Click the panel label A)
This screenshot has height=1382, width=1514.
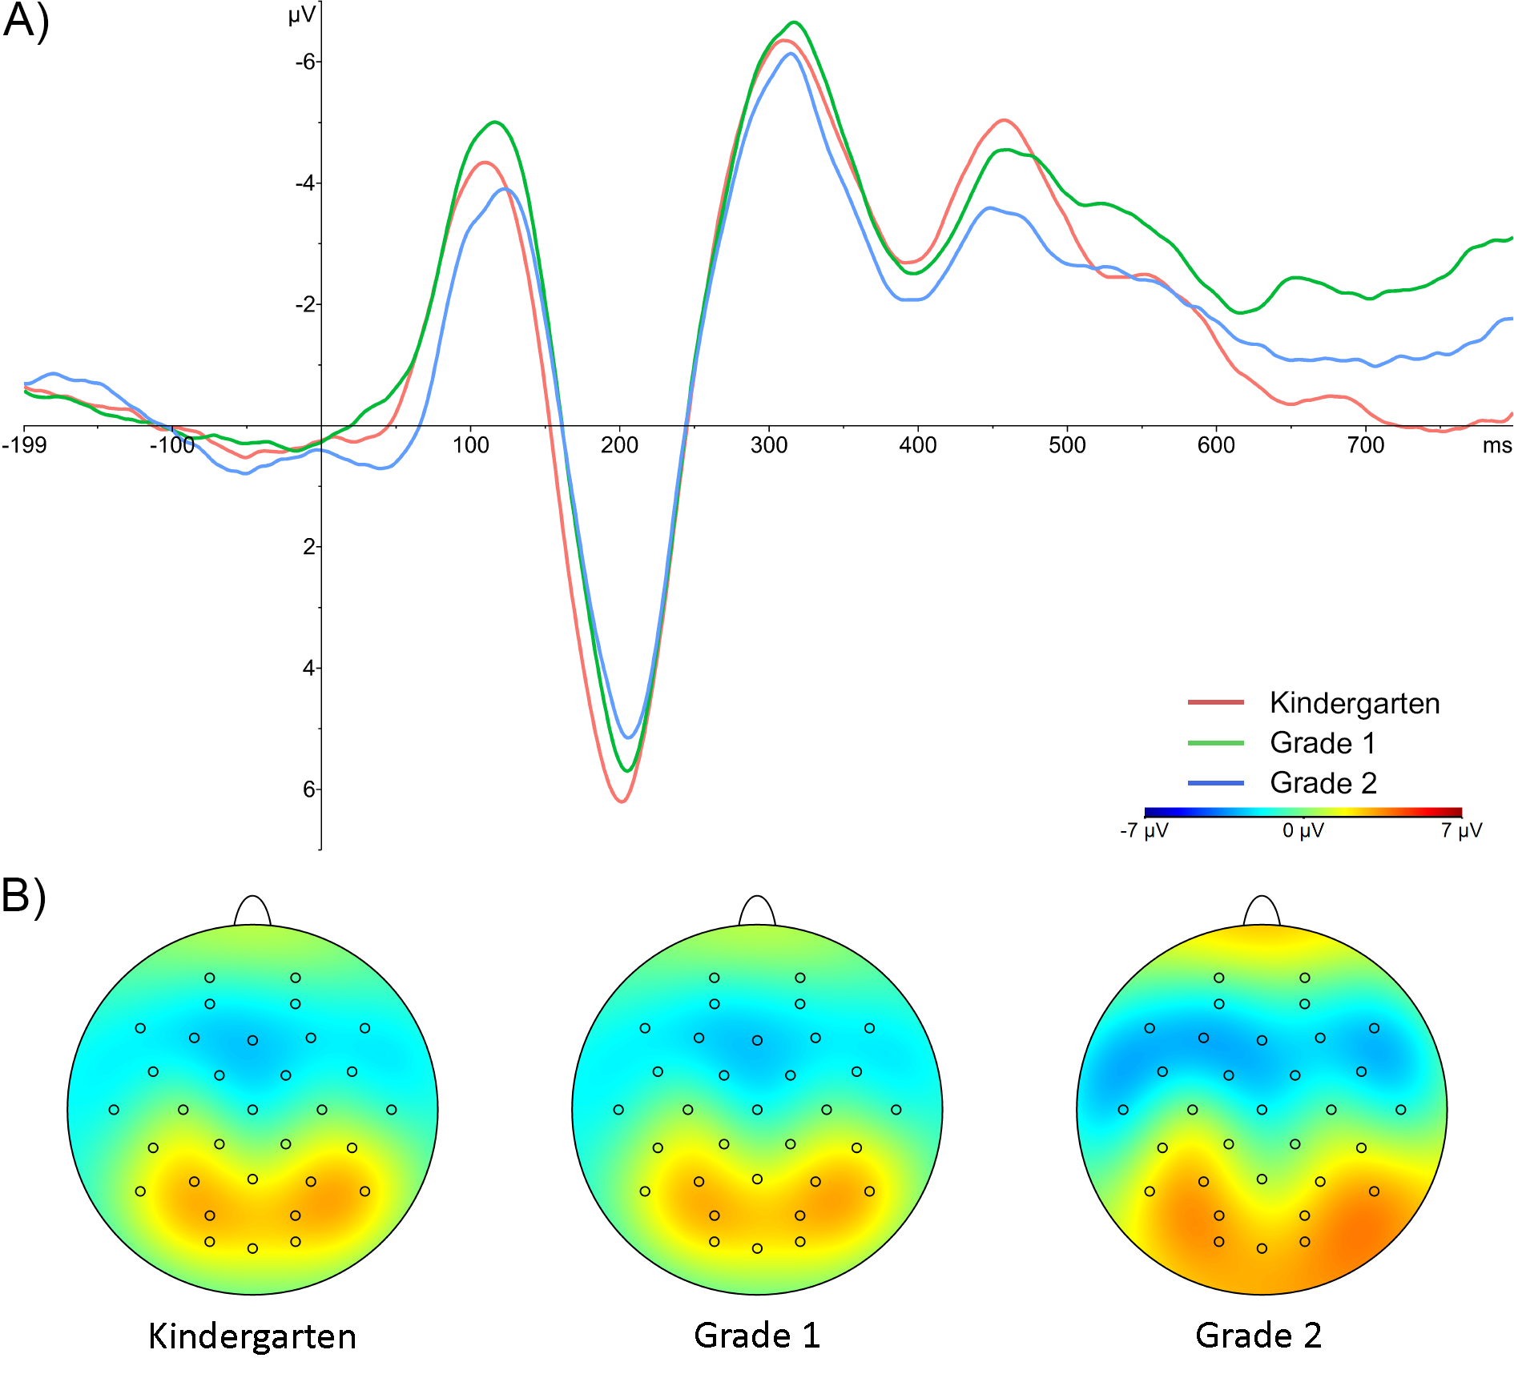tap(26, 22)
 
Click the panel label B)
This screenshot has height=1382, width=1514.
tap(24, 896)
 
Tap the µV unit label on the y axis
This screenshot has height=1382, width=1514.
tap(301, 15)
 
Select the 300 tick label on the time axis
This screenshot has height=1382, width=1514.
tap(768, 445)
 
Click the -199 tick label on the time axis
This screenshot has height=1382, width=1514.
tap(24, 445)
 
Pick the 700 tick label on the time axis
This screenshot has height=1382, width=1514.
tap(1365, 445)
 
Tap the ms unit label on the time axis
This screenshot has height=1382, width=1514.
tap(1496, 445)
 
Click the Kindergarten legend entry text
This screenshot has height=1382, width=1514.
tap(1355, 703)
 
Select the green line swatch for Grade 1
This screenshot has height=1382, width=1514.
tap(1215, 743)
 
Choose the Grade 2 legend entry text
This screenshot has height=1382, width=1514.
tap(1323, 783)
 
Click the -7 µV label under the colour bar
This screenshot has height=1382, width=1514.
tap(1144, 830)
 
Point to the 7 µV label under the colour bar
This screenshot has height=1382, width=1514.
tap(1461, 830)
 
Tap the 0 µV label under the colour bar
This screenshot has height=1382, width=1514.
tap(1303, 830)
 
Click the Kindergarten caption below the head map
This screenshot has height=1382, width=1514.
tap(252, 1336)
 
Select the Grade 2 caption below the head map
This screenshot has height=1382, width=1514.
tap(1258, 1336)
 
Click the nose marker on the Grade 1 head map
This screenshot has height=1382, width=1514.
tap(757, 910)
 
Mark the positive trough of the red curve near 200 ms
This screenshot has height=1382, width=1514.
tap(622, 801)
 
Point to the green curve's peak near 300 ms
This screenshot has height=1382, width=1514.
tap(794, 22)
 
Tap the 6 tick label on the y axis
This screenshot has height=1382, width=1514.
tap(309, 789)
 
